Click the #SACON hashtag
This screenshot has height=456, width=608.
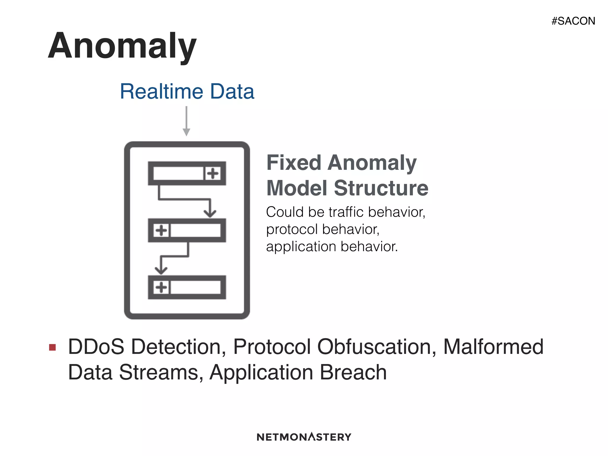click(573, 21)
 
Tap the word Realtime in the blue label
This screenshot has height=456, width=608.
click(161, 91)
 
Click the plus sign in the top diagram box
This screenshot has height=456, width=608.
click(213, 173)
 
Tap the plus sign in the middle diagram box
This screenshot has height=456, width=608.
click(161, 230)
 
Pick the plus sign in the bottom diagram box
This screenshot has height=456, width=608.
click(161, 287)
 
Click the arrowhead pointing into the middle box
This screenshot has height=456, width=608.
click(210, 213)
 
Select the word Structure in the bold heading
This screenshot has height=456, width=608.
click(381, 188)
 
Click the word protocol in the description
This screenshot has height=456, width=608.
click(292, 229)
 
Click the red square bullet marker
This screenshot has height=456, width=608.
click(53, 347)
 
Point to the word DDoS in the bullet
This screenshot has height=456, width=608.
click(96, 347)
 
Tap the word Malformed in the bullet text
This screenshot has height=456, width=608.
click(493, 347)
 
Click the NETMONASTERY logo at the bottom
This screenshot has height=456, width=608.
click(304, 437)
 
